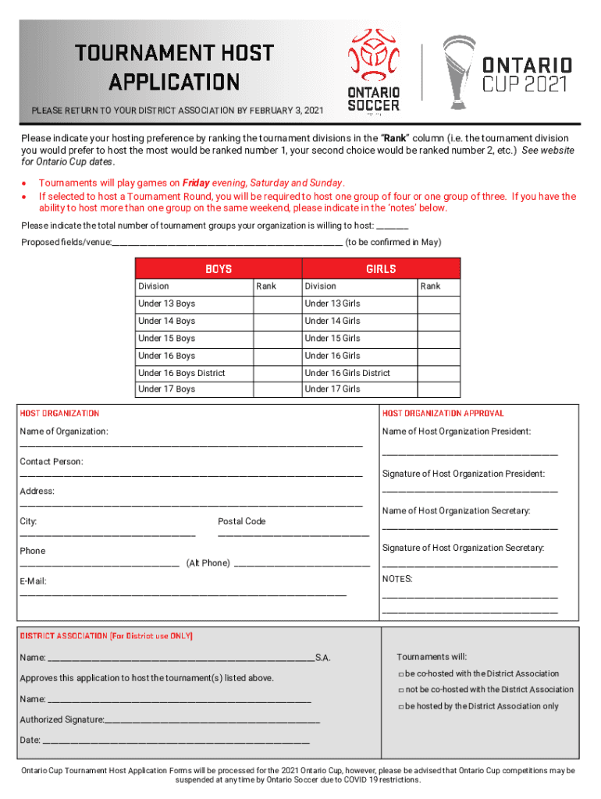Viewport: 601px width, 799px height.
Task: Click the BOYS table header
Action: point(219,269)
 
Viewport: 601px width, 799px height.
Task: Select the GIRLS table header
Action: point(381,269)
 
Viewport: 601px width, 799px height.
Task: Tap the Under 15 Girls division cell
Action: point(358,338)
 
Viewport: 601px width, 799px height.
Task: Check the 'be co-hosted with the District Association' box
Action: point(400,674)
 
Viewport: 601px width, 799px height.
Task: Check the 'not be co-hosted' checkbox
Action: point(400,691)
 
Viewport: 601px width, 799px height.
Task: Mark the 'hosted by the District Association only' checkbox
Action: point(400,707)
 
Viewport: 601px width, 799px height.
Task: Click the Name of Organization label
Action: point(64,431)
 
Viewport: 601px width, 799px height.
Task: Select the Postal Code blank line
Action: point(293,535)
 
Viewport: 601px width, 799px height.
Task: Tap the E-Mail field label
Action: point(33,581)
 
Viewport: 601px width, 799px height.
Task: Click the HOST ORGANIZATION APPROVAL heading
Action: point(443,414)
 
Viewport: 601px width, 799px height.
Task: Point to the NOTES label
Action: point(397,580)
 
